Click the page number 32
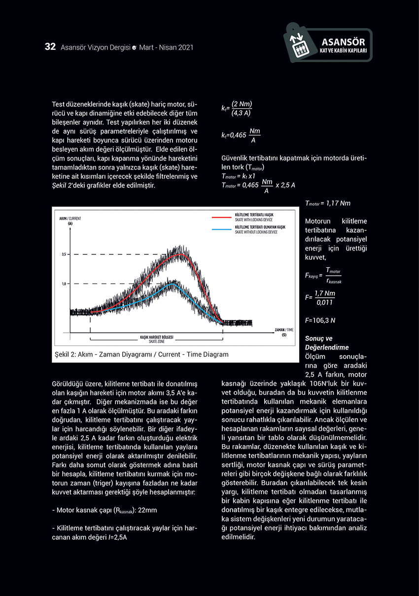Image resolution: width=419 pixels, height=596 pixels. (x=50, y=47)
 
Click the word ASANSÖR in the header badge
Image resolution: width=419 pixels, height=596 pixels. (x=344, y=42)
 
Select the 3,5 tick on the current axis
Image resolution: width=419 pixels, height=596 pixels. (x=64, y=254)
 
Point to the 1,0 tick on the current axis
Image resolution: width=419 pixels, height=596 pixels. (x=64, y=284)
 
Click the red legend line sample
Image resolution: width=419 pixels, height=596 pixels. (x=221, y=216)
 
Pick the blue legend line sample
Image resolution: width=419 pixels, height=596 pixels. (x=221, y=229)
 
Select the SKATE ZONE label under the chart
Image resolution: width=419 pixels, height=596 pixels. (x=156, y=341)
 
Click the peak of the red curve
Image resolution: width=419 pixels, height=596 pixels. (x=181, y=254)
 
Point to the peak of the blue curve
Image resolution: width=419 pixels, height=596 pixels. (x=172, y=284)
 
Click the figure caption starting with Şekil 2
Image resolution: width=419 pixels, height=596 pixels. (x=142, y=354)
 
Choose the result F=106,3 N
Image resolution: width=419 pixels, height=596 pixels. (x=320, y=320)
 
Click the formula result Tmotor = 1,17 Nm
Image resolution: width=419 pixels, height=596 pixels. (x=328, y=203)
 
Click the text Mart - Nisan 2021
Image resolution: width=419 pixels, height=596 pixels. (x=166, y=48)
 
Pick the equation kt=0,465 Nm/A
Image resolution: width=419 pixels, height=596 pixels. (x=241, y=135)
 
